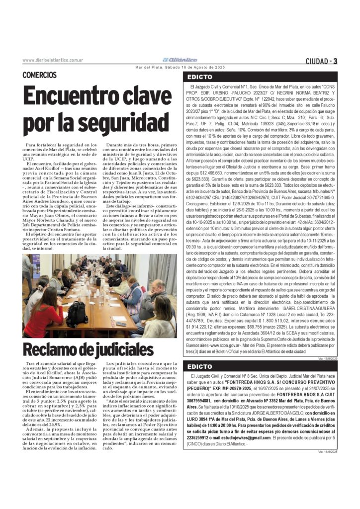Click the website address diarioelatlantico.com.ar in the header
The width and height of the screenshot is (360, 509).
pyautogui.click(x=52, y=60)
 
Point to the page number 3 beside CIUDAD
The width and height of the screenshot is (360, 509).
pyautogui.click(x=336, y=61)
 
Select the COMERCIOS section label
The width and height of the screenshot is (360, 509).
pyautogui.click(x=39, y=75)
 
